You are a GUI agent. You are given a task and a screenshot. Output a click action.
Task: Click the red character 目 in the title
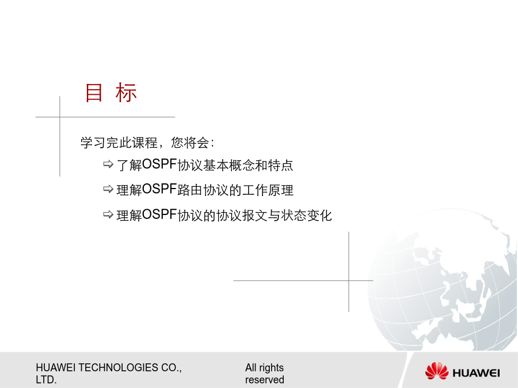pos(94,93)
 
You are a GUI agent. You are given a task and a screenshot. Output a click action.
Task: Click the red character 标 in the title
pos(126,93)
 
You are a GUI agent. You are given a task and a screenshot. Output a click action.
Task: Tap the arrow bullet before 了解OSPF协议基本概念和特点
pos(108,164)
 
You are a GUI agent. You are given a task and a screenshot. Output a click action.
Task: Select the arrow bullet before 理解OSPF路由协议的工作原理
pos(108,189)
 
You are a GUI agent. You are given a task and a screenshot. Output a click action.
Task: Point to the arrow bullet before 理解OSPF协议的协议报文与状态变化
pos(108,214)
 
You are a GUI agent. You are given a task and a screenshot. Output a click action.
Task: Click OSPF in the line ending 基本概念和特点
pos(159,164)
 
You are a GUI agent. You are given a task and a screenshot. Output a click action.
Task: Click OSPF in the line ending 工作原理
pos(159,189)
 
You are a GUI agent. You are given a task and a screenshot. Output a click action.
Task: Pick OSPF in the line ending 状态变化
pos(159,215)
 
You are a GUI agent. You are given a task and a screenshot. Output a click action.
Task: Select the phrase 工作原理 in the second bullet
pos(268,190)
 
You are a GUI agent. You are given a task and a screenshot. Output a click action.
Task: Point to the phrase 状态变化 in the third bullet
pos(306,216)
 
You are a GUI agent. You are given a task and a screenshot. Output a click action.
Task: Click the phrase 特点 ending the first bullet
pos(280,165)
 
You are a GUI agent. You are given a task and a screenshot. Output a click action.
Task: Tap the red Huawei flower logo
pos(436,371)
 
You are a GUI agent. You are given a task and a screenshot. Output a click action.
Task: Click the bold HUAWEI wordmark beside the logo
pos(476,373)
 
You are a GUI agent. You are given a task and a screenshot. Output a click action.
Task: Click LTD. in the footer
pos(46,380)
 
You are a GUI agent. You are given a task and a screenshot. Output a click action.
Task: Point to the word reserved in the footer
pos(265,380)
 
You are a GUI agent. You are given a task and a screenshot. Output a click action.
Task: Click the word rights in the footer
pos(271,368)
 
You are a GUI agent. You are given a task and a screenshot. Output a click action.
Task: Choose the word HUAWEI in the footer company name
pos(56,367)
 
